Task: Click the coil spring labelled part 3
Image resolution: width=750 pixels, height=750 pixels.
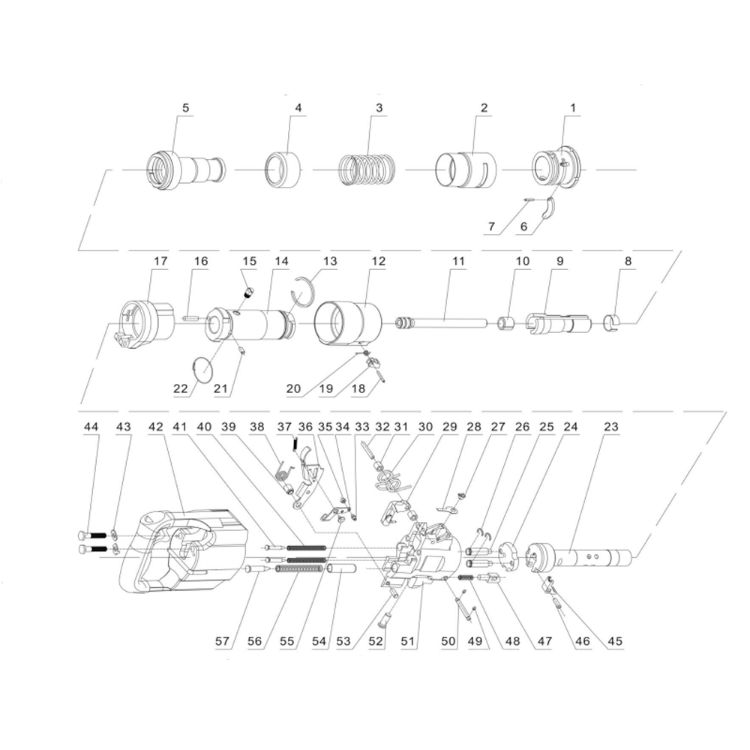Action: click(x=367, y=169)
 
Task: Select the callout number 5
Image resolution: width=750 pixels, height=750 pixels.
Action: click(x=185, y=107)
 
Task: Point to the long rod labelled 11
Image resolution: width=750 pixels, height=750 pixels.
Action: click(x=440, y=322)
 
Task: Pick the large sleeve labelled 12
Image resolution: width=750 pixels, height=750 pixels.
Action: click(x=348, y=322)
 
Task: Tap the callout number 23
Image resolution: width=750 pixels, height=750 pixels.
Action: click(x=610, y=426)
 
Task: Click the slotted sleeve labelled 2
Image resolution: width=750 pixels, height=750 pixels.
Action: click(x=466, y=171)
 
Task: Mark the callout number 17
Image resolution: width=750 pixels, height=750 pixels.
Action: click(x=160, y=261)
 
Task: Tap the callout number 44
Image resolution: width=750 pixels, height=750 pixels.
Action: click(x=91, y=426)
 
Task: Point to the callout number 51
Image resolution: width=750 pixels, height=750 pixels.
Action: click(x=407, y=641)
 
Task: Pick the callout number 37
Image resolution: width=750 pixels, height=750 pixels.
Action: click(x=284, y=426)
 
